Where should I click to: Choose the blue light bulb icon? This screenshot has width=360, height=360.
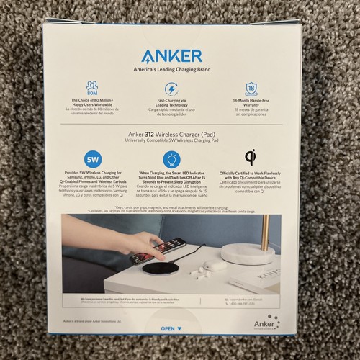[x=173, y=159]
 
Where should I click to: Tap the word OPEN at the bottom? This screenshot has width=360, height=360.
[x=167, y=328]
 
